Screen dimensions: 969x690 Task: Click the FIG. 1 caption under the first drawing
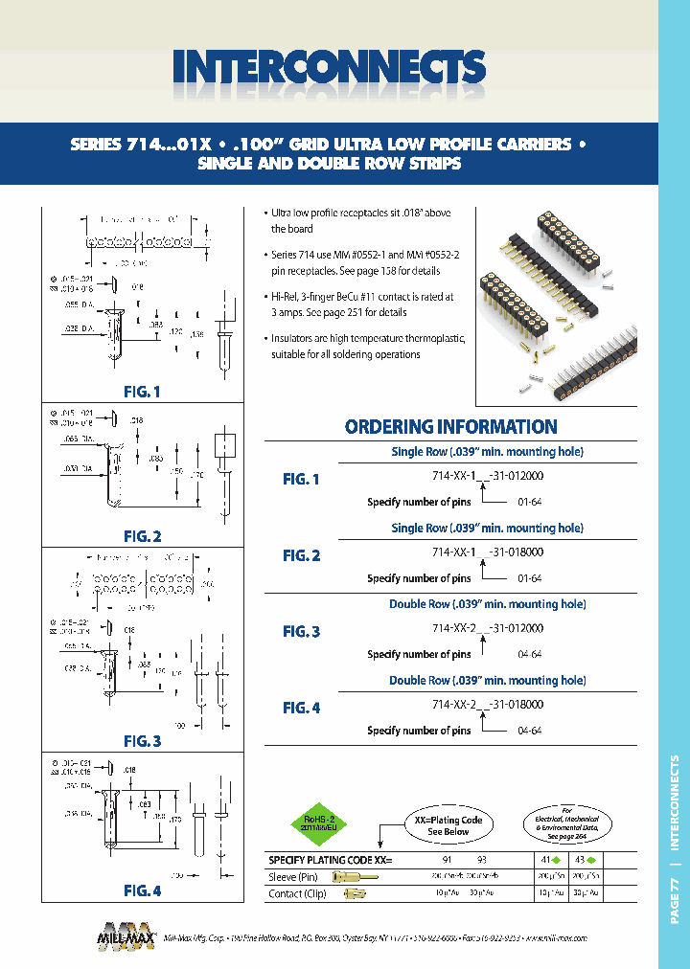coord(142,392)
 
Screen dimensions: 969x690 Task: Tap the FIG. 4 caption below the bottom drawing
coord(142,890)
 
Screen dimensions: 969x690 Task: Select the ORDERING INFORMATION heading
coord(450,427)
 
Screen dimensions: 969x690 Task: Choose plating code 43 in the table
coord(579,860)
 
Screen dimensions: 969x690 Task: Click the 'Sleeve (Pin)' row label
coord(295,876)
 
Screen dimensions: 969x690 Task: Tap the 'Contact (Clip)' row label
coord(299,893)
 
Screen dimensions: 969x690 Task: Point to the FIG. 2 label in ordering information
coord(301,555)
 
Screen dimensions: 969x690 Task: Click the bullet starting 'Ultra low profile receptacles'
coord(360,220)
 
